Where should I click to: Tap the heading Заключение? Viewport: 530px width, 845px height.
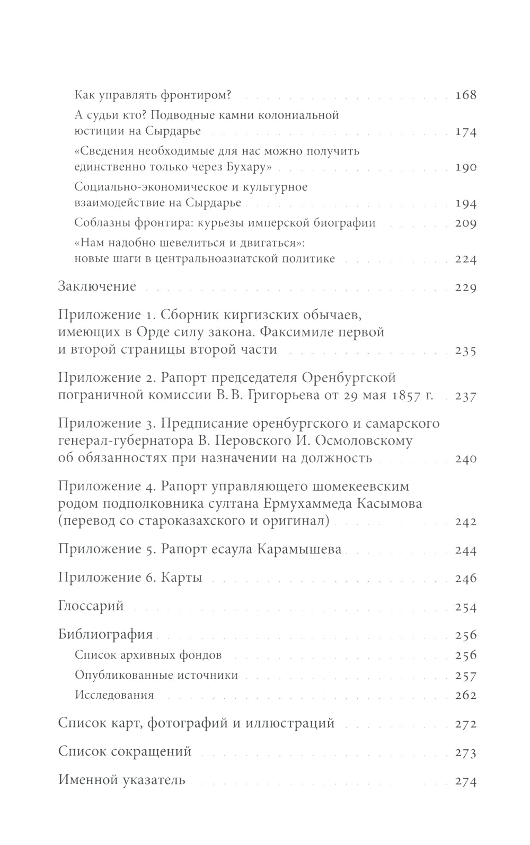pyautogui.click(x=97, y=286)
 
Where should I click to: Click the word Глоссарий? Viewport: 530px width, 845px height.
pyautogui.click(x=91, y=606)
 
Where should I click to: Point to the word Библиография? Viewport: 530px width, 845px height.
pyautogui.click(x=105, y=634)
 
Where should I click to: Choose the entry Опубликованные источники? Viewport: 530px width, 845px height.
pyautogui.click(x=156, y=675)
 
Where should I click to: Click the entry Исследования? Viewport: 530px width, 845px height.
pyautogui.click(x=114, y=695)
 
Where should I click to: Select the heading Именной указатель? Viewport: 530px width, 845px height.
pyautogui.click(x=122, y=780)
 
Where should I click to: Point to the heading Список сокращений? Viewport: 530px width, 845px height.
pyautogui.click(x=125, y=752)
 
